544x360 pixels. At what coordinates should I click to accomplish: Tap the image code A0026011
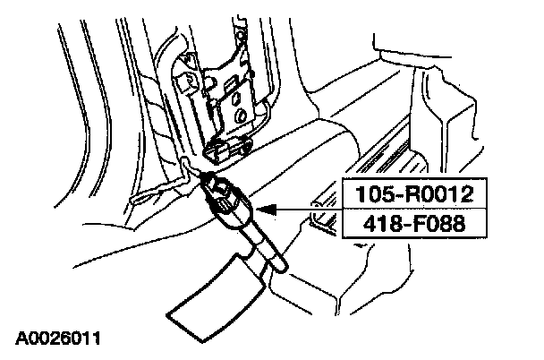56,339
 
